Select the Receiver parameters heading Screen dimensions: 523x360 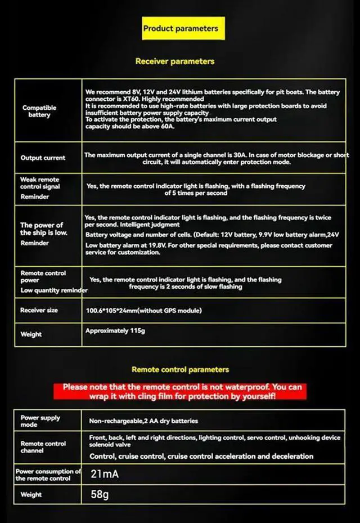click(x=175, y=61)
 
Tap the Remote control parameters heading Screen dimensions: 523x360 click(x=180, y=369)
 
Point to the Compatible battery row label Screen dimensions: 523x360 click(x=39, y=111)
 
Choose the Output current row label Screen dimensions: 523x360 click(x=43, y=158)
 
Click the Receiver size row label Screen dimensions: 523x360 click(x=39, y=310)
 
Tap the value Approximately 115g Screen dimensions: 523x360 click(x=115, y=330)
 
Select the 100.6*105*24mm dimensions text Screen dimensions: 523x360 click(x=143, y=311)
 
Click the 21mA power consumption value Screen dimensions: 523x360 click(x=105, y=474)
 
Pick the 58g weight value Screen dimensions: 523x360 click(x=100, y=494)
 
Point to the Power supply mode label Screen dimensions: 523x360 click(x=40, y=421)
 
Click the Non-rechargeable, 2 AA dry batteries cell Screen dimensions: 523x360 click(x=143, y=421)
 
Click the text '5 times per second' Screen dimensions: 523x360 click(x=196, y=193)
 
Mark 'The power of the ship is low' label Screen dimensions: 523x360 click(x=42, y=229)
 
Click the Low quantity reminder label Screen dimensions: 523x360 click(x=54, y=290)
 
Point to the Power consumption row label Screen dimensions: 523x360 click(x=48, y=475)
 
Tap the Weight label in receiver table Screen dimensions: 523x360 click(x=31, y=334)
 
